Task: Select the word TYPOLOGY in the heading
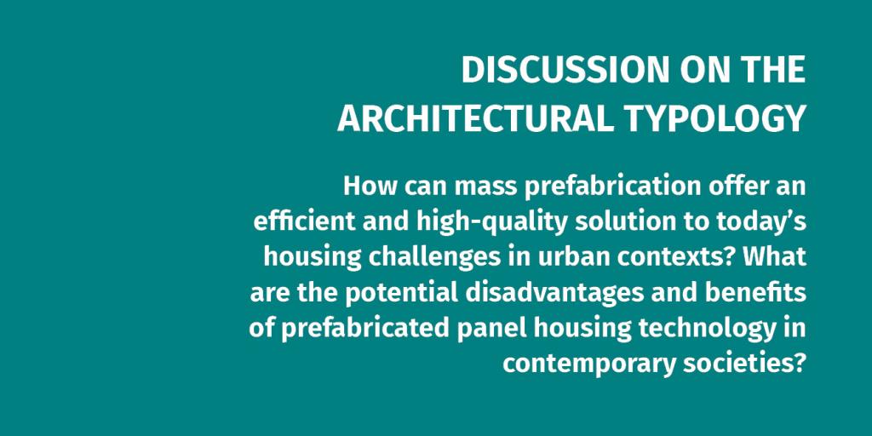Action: [714, 118]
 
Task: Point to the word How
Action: [370, 186]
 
